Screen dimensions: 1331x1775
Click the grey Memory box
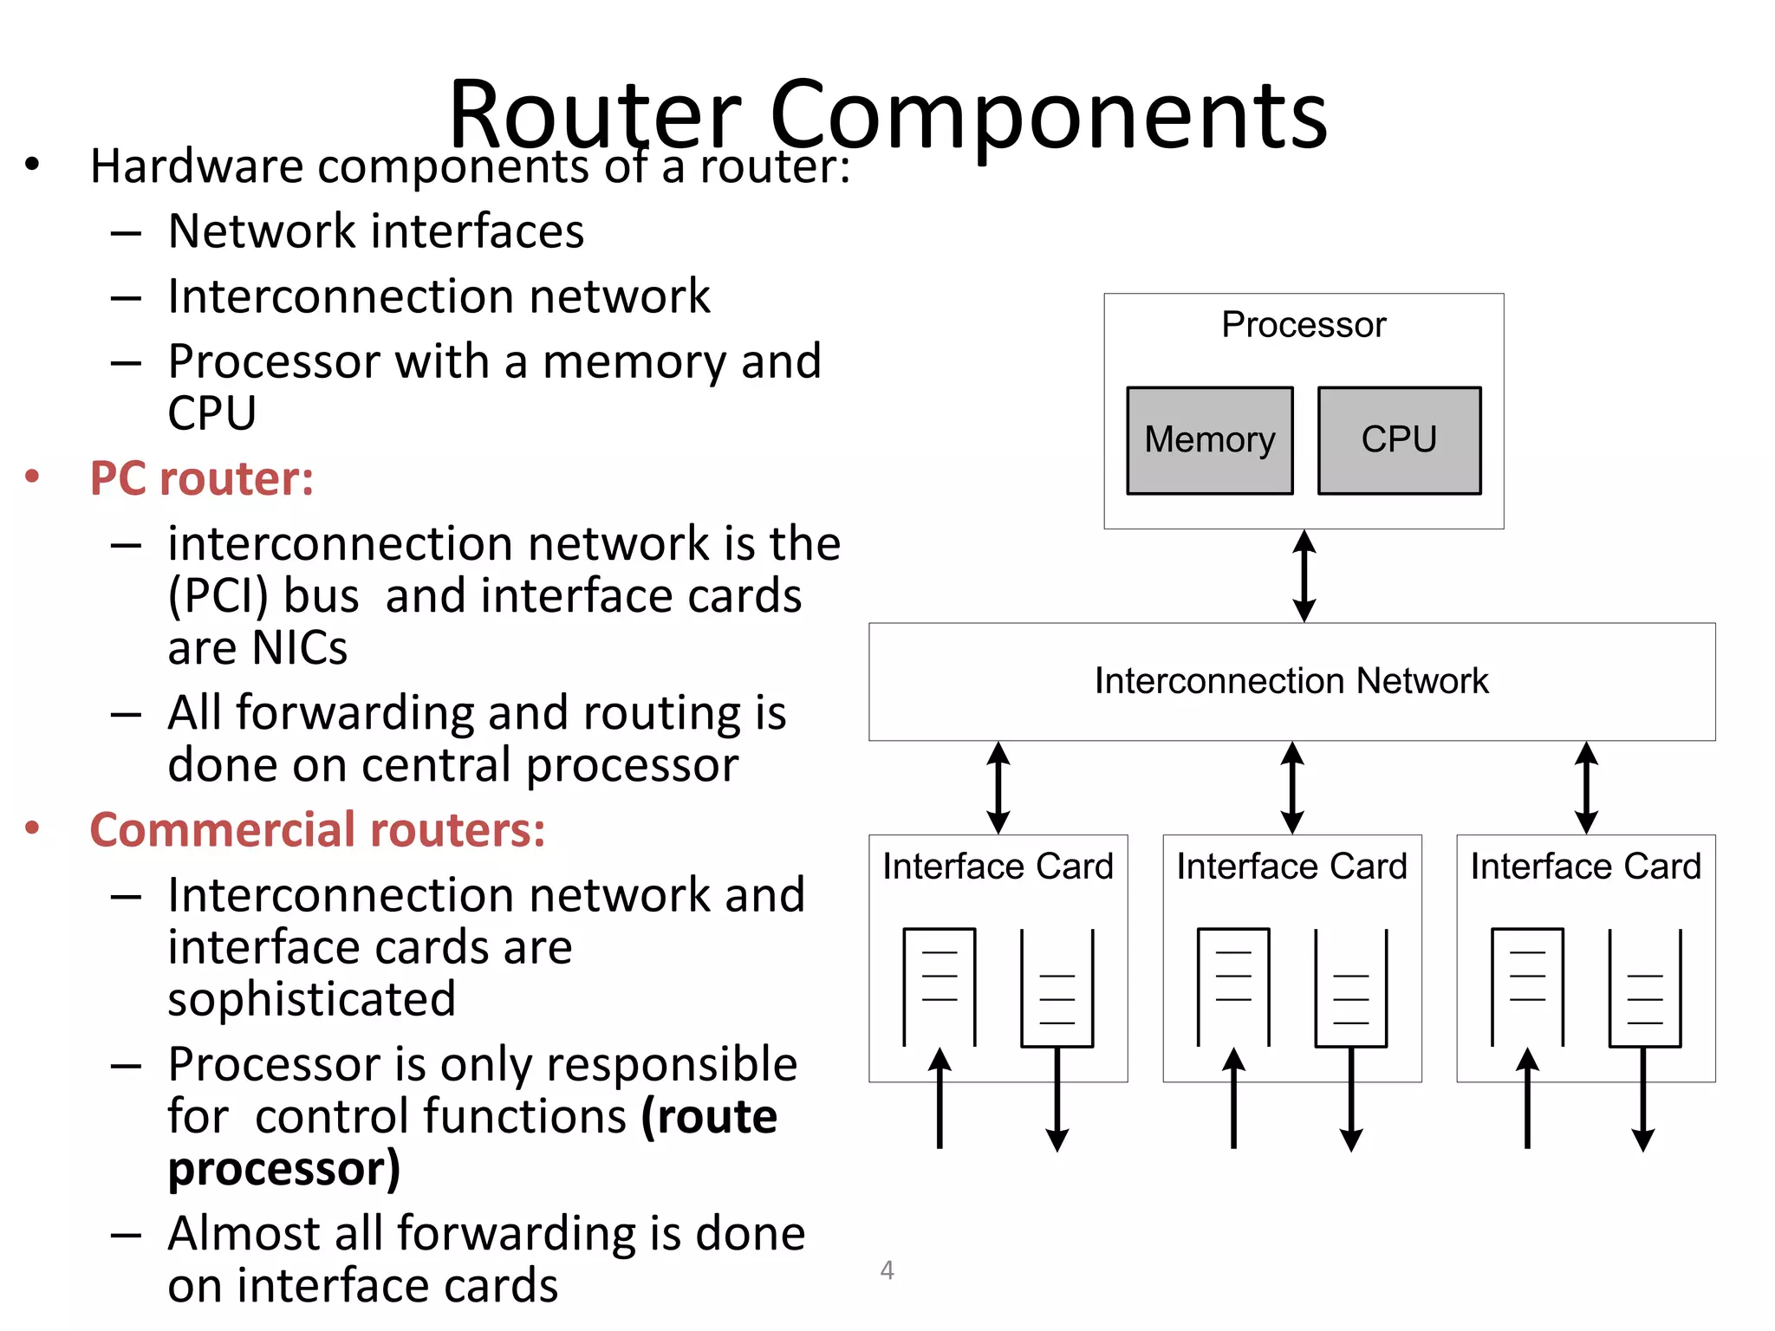click(1209, 440)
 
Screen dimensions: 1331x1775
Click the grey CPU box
click(1399, 440)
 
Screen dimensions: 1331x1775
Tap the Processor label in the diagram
click(1304, 325)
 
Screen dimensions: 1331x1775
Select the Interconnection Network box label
click(1291, 681)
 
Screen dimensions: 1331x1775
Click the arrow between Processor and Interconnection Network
click(1304, 576)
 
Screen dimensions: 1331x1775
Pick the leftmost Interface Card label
click(998, 867)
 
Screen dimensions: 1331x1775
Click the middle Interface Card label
click(1291, 867)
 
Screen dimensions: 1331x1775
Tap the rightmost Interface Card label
click(1585, 867)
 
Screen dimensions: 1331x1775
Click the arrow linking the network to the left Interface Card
click(998, 788)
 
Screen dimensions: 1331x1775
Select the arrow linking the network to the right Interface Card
click(1586, 788)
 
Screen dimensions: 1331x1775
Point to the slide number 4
click(887, 1270)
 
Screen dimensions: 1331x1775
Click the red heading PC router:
click(202, 478)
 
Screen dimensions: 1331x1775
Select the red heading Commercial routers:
click(317, 830)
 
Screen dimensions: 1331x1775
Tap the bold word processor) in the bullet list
click(284, 1168)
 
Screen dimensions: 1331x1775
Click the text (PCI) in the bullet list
click(219, 596)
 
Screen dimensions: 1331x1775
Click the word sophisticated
click(311, 999)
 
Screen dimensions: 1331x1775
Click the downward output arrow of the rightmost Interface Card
click(1643, 1101)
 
